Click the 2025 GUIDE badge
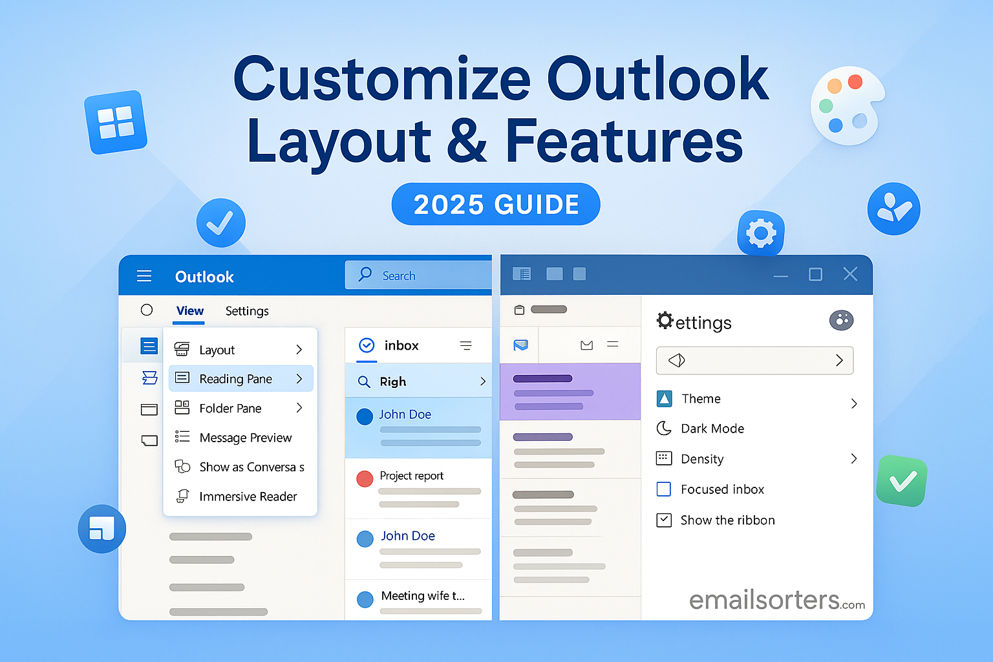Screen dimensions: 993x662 click(x=496, y=204)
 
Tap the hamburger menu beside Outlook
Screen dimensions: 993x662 click(x=144, y=276)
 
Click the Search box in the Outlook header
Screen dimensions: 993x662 click(x=418, y=275)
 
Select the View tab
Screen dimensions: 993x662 click(x=189, y=311)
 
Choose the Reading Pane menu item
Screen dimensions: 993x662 click(x=240, y=379)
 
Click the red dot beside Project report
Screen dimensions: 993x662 click(x=365, y=478)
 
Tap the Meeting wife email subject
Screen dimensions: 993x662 click(x=422, y=595)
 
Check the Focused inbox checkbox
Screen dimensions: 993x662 click(x=664, y=489)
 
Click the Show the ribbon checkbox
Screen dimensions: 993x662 click(x=664, y=520)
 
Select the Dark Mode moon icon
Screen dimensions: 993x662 click(x=664, y=429)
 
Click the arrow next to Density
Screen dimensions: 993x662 click(x=854, y=458)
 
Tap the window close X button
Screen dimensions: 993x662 click(x=850, y=274)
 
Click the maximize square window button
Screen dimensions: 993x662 click(x=815, y=274)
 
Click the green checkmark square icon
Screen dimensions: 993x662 click(x=902, y=480)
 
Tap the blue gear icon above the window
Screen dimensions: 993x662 click(x=761, y=233)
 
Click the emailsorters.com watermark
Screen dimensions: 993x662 click(x=776, y=600)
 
